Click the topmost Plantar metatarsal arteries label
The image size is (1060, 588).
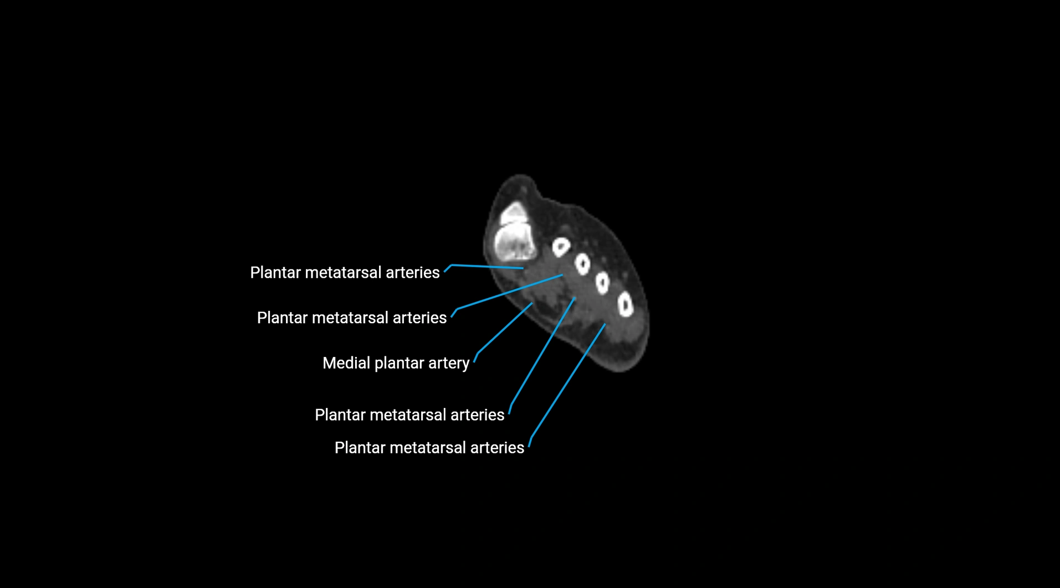tap(345, 273)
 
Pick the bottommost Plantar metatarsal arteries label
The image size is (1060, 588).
tap(429, 448)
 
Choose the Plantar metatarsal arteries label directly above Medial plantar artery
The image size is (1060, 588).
tap(352, 318)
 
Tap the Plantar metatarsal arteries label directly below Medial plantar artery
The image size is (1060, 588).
tap(409, 415)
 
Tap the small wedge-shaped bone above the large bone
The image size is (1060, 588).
tap(513, 213)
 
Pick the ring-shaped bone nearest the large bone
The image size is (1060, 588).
tap(561, 247)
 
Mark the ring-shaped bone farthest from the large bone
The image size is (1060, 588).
tap(626, 305)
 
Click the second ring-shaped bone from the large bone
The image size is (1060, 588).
tap(582, 264)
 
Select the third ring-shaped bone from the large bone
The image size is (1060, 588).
tap(602, 283)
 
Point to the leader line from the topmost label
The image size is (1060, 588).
tap(488, 267)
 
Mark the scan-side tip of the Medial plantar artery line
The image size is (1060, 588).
tap(532, 303)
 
